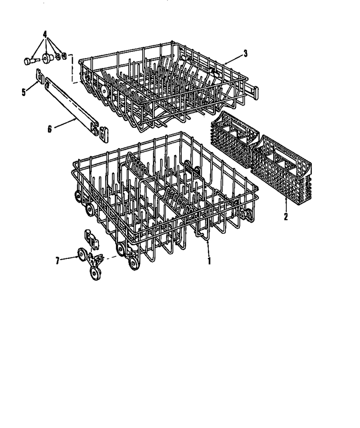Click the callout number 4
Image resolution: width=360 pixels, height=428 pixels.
(x=45, y=34)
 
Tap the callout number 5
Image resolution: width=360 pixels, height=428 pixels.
(x=24, y=92)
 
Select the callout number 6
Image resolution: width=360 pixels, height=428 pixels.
(x=49, y=129)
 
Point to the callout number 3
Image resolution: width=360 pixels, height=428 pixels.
(x=245, y=54)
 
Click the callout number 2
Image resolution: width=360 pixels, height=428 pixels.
(x=286, y=217)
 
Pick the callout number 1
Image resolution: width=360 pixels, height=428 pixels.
(x=209, y=261)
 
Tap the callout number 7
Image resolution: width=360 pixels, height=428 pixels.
(x=57, y=261)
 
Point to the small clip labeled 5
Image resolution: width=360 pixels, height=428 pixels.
(x=40, y=76)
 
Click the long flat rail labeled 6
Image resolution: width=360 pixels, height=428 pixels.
(x=70, y=104)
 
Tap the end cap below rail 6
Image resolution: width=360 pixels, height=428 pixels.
(x=104, y=135)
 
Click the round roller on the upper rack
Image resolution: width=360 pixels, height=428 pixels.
(x=104, y=90)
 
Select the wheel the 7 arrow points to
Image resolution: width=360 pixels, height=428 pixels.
(x=82, y=255)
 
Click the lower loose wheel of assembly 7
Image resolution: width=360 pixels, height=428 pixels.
(x=95, y=273)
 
